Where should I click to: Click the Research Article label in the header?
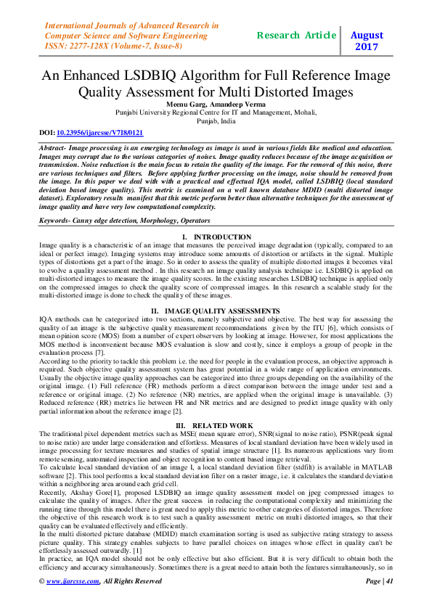tap(296, 35)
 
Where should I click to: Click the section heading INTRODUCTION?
tap(223, 237)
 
